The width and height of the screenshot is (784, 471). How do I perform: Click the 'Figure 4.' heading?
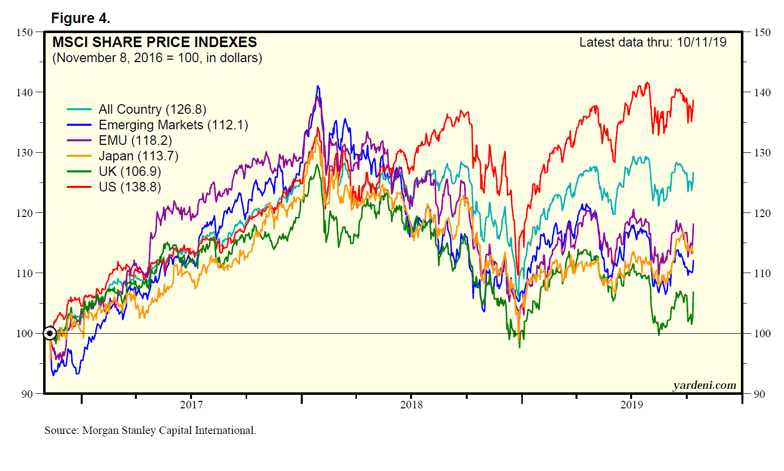[x=80, y=19]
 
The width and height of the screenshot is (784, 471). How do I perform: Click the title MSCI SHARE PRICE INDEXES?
[x=154, y=42]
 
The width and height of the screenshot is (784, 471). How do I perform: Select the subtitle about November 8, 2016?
[x=157, y=58]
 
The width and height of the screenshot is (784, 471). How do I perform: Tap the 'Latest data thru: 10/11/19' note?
[x=653, y=43]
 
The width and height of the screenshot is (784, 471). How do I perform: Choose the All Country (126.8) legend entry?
[x=152, y=109]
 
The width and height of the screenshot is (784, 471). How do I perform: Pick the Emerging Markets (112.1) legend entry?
[x=173, y=125]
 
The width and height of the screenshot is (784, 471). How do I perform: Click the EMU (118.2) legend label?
[x=135, y=140]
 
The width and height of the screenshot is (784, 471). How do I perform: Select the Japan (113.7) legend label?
[x=138, y=156]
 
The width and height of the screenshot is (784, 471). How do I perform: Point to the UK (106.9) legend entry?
[x=130, y=171]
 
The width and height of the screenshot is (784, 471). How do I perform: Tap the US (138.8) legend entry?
[x=130, y=187]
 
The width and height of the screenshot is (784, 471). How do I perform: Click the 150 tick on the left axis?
[x=24, y=32]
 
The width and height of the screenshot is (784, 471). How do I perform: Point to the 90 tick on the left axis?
[x=27, y=394]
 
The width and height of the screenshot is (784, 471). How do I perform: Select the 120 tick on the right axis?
[x=762, y=213]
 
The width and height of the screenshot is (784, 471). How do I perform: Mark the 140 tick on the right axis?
[x=762, y=92]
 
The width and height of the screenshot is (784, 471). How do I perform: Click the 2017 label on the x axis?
[x=191, y=405]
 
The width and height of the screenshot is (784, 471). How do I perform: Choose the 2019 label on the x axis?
[x=632, y=405]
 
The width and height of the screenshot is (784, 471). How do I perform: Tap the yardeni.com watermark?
[x=704, y=385]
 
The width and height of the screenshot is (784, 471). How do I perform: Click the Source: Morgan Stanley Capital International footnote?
[x=150, y=430]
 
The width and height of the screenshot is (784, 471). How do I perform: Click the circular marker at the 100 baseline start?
[x=50, y=333]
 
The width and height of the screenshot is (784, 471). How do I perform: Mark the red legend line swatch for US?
[x=79, y=187]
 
